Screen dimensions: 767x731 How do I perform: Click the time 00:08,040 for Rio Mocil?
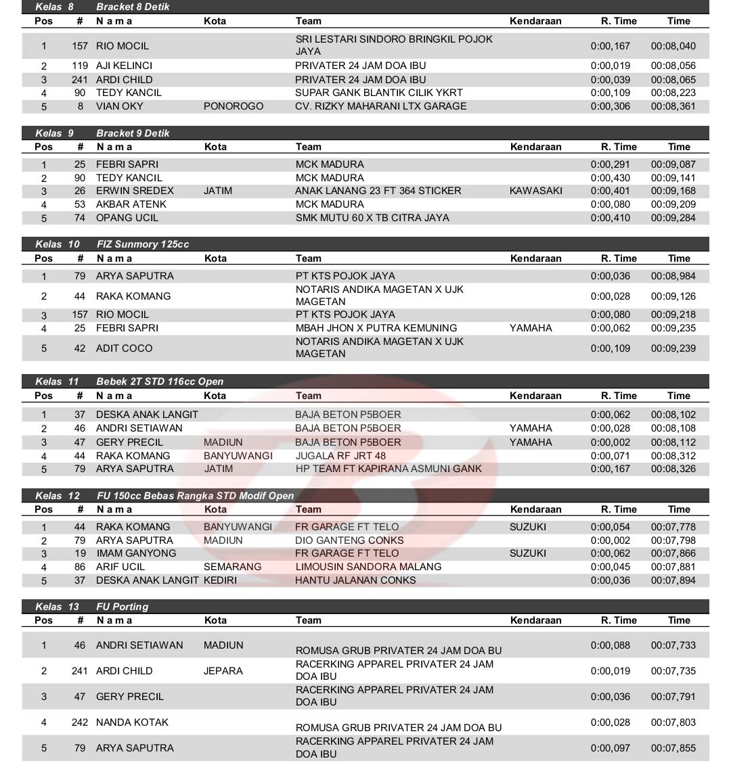[673, 46]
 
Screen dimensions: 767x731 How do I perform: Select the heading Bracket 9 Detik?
[133, 133]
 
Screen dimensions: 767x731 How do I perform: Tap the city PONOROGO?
[234, 106]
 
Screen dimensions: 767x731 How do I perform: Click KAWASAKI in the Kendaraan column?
[535, 191]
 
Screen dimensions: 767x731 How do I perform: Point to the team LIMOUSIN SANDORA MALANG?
[368, 567]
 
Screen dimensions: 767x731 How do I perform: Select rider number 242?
[80, 722]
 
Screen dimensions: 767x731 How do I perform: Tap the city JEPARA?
[223, 671]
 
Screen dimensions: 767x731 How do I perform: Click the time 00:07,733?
[673, 645]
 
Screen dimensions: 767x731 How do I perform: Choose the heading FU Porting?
[122, 607]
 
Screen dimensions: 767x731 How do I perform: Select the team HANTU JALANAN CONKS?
[355, 580]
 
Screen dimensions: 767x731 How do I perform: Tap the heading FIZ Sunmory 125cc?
[142, 244]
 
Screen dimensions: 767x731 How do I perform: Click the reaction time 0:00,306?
[610, 106]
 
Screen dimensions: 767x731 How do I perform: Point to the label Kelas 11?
[58, 381]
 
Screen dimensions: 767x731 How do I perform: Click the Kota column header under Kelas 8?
[215, 21]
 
